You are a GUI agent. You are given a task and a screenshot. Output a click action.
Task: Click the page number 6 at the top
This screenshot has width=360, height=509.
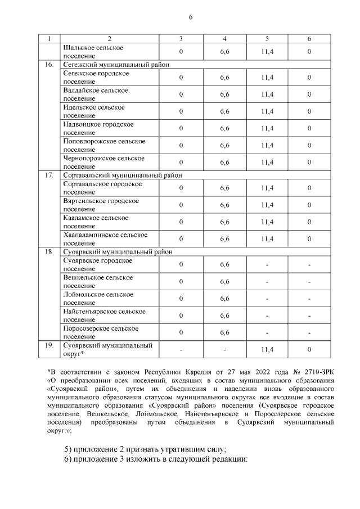[x=191, y=17]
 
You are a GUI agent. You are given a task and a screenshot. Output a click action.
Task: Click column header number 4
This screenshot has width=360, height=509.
[x=225, y=39]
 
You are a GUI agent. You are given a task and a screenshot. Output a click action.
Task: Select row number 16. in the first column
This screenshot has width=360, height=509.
[x=49, y=65]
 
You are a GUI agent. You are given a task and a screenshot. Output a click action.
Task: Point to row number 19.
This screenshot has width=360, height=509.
[x=49, y=345]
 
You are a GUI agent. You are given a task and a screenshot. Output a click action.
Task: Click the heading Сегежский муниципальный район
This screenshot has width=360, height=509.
[x=116, y=65]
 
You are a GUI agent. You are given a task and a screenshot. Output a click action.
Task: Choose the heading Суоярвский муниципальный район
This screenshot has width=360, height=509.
[x=117, y=251]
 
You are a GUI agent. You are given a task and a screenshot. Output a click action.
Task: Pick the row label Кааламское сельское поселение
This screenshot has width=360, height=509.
[x=96, y=222]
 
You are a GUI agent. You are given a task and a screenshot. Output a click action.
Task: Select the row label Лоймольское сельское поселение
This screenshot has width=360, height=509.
[x=98, y=298]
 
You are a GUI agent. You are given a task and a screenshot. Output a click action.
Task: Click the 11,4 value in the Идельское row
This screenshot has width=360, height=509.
[x=267, y=111]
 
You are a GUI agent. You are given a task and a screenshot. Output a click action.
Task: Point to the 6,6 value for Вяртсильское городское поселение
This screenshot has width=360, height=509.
[x=225, y=205]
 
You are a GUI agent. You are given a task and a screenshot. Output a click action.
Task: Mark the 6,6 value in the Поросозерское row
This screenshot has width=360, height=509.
[x=225, y=332]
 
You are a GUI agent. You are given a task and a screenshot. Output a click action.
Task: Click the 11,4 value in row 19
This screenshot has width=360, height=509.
[x=267, y=349]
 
